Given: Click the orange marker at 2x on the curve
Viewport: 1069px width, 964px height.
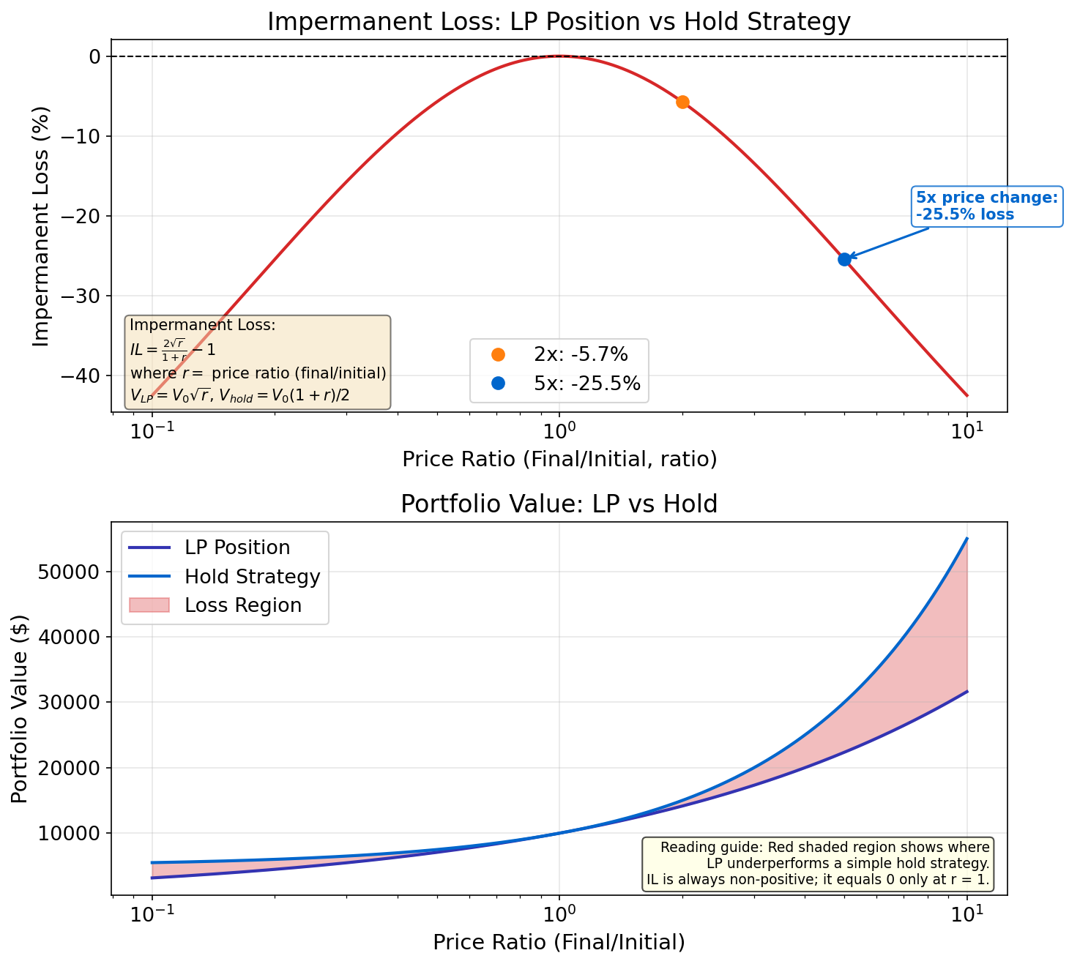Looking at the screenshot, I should tap(682, 102).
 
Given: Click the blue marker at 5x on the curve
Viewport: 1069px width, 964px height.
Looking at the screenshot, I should tap(844, 259).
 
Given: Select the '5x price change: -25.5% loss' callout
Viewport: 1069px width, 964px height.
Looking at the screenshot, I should tap(987, 206).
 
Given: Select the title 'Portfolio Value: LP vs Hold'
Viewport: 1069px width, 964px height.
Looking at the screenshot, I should tap(559, 504).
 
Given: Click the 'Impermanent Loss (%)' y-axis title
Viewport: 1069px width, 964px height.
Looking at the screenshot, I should tap(41, 226).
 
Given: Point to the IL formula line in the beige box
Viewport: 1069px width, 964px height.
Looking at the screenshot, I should tap(173, 348).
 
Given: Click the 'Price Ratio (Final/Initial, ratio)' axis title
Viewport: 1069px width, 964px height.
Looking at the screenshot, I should tap(559, 459).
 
